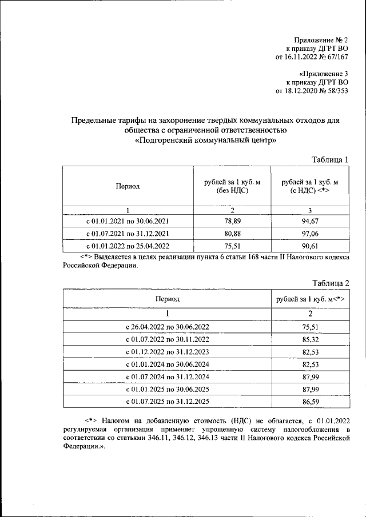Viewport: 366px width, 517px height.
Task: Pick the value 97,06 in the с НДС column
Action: point(309,233)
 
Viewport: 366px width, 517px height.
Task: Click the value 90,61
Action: point(309,246)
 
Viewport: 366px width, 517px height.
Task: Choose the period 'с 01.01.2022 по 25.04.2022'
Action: point(128,246)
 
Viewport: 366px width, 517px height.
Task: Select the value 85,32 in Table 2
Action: point(310,339)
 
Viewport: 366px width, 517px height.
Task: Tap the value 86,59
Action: point(310,402)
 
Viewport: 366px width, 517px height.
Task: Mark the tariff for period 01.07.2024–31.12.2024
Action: point(310,377)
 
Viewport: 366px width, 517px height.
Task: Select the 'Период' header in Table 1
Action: point(128,186)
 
